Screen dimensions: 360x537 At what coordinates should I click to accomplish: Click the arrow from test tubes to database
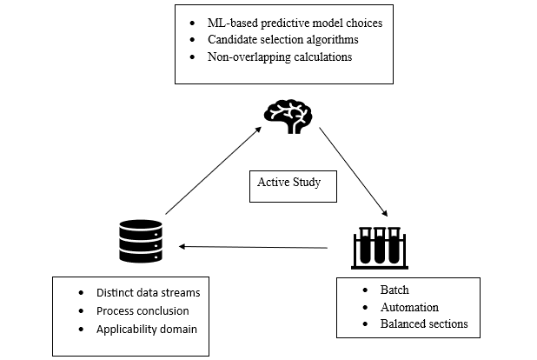pyautogui.click(x=254, y=247)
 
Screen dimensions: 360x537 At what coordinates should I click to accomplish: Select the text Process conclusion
pyautogui.click(x=143, y=310)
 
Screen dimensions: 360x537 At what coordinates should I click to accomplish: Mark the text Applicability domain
pyautogui.click(x=147, y=329)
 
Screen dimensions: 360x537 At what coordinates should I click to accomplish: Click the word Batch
pyautogui.click(x=394, y=290)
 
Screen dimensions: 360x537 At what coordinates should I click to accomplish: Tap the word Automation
pyautogui.click(x=409, y=307)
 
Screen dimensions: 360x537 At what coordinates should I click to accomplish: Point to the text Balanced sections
pyautogui.click(x=424, y=324)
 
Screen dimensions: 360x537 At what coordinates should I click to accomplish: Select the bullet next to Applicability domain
pyautogui.click(x=81, y=329)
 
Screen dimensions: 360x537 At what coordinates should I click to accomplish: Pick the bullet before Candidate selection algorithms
pyautogui.click(x=192, y=40)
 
